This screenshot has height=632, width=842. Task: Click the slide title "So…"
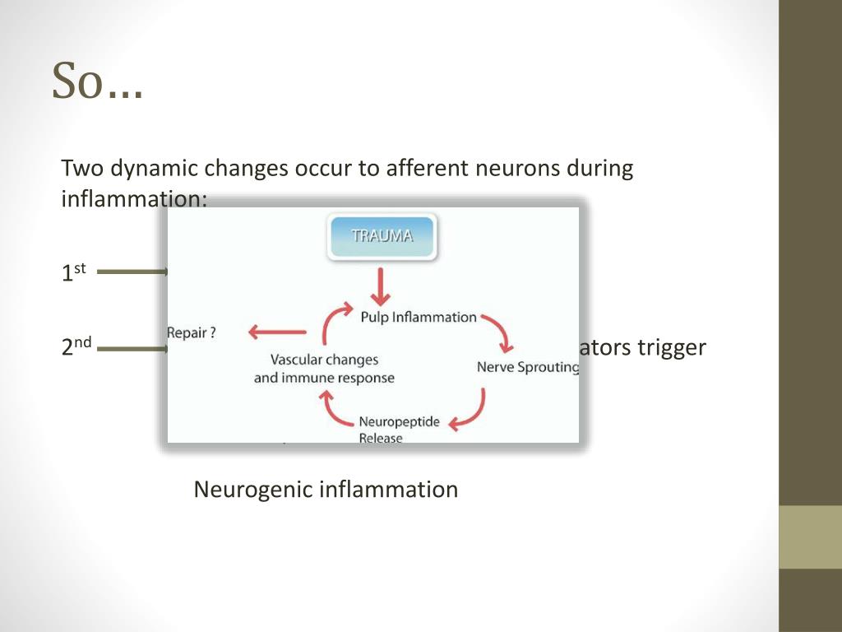[x=97, y=81]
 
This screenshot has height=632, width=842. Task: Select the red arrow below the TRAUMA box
[x=380, y=286]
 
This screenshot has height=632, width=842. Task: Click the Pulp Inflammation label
[x=419, y=317]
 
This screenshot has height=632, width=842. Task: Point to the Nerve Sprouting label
[x=527, y=367]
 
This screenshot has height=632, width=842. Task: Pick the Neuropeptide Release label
[x=399, y=430]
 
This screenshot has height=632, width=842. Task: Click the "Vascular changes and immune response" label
[x=324, y=369]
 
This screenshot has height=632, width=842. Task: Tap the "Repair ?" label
[x=192, y=333]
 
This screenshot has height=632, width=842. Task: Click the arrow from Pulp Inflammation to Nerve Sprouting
[x=499, y=329]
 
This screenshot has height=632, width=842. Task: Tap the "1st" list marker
[x=73, y=272]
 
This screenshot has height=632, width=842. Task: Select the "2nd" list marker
[x=77, y=348]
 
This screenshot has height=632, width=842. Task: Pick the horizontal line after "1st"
[x=132, y=272]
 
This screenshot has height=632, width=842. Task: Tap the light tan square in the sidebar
[x=810, y=537]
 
